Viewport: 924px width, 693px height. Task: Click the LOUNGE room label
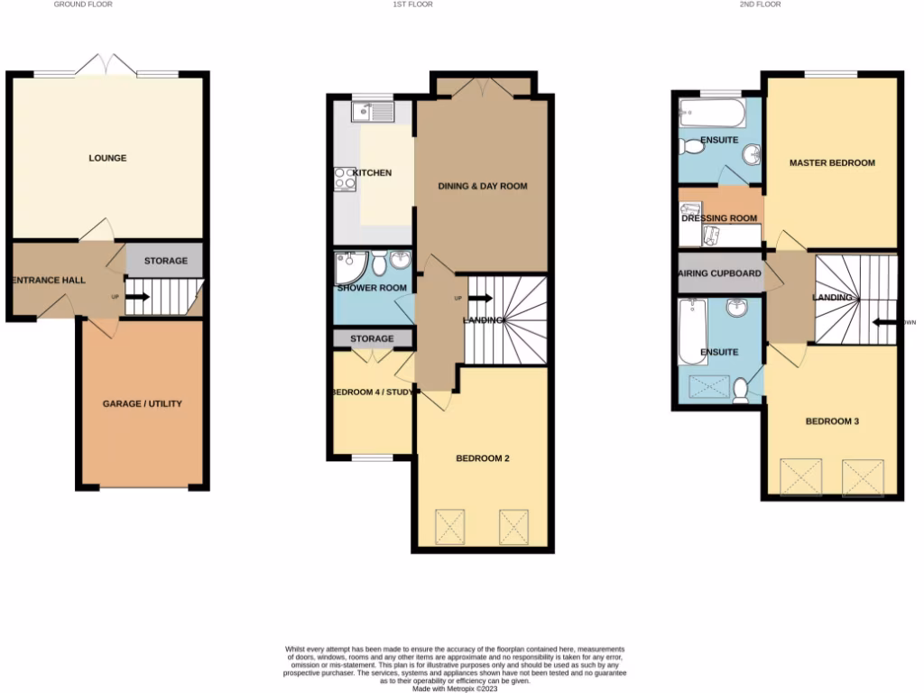click(x=107, y=158)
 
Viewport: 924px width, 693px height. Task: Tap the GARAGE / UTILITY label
click(x=142, y=403)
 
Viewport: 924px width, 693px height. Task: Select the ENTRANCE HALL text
click(x=49, y=280)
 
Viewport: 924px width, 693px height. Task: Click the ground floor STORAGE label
click(x=166, y=261)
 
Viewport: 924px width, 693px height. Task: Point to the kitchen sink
click(x=372, y=113)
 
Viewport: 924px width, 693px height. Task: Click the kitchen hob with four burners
click(x=345, y=179)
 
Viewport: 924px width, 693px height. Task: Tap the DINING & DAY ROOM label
click(x=482, y=186)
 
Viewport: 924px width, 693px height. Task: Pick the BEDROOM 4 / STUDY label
click(x=372, y=392)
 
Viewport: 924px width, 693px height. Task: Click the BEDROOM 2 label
click(x=483, y=458)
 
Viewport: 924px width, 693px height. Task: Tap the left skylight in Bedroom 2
click(x=450, y=523)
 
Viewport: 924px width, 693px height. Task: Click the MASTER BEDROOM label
click(x=832, y=162)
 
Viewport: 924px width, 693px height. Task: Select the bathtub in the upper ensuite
click(x=709, y=115)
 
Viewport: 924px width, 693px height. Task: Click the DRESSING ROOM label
click(x=719, y=218)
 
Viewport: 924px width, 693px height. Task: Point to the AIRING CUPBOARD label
click(x=720, y=273)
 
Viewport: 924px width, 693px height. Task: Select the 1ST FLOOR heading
click(x=411, y=5)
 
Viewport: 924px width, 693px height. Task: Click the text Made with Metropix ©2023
click(x=455, y=688)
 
